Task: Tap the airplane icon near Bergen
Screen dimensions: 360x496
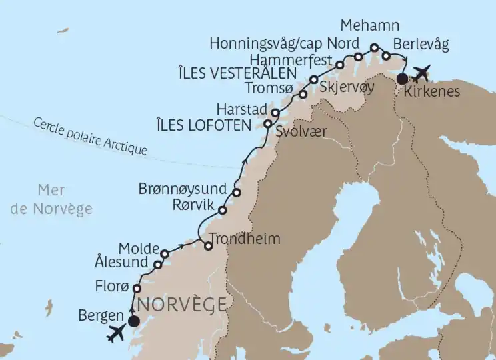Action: (117, 333)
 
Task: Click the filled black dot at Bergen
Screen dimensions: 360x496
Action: (133, 321)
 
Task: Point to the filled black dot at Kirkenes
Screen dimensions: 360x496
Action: (402, 79)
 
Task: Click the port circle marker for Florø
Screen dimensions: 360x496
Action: (137, 289)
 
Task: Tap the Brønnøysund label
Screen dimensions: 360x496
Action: (183, 188)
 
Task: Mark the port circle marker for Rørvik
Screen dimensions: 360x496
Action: (223, 210)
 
